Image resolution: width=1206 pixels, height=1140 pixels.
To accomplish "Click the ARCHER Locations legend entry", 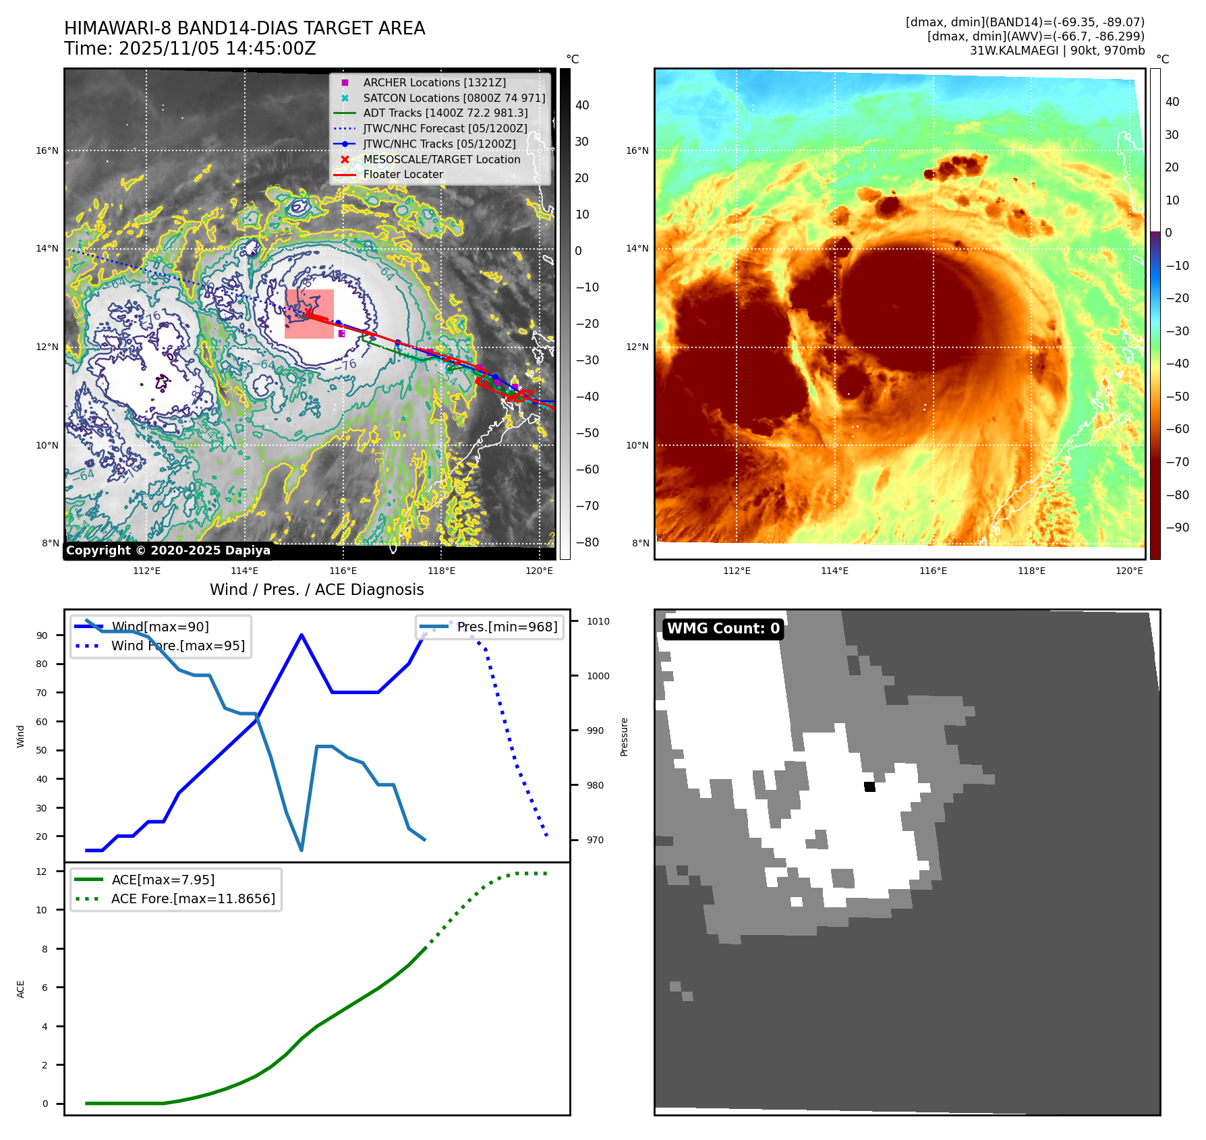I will tap(434, 82).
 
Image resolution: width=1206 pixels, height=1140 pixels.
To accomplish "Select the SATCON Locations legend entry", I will tap(453, 98).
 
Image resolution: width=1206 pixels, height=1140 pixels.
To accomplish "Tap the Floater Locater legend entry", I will tap(403, 174).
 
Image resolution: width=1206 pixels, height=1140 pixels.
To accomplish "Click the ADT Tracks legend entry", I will tap(445, 113).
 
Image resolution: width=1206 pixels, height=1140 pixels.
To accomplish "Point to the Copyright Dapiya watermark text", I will tap(168, 550).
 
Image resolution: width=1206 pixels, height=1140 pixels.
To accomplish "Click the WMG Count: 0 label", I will tap(723, 629).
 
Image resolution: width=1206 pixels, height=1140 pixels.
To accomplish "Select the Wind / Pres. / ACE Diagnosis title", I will tap(317, 590).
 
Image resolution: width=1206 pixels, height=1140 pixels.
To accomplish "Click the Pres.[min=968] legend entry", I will tap(507, 627).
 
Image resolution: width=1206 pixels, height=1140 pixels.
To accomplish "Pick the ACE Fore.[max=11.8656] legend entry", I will tap(193, 899).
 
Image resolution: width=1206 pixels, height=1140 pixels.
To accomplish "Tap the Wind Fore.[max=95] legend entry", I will tap(177, 646).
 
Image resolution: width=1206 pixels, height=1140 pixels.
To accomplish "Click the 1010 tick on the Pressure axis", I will tap(598, 621).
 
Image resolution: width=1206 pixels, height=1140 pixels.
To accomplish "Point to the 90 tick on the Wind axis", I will tap(42, 635).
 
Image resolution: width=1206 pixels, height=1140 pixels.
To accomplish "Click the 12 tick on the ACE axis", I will tap(42, 872).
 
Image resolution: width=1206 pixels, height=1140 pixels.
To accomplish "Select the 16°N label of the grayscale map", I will tap(47, 150).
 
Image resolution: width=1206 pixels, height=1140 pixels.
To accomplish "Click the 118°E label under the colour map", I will tap(1031, 571).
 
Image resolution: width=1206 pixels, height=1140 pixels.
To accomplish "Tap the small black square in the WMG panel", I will tap(869, 787).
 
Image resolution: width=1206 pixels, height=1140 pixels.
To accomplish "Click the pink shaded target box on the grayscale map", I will tap(309, 314).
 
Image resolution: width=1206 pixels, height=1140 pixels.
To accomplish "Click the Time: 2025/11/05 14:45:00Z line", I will tap(190, 49).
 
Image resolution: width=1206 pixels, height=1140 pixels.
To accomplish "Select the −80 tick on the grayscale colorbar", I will tap(587, 542).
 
